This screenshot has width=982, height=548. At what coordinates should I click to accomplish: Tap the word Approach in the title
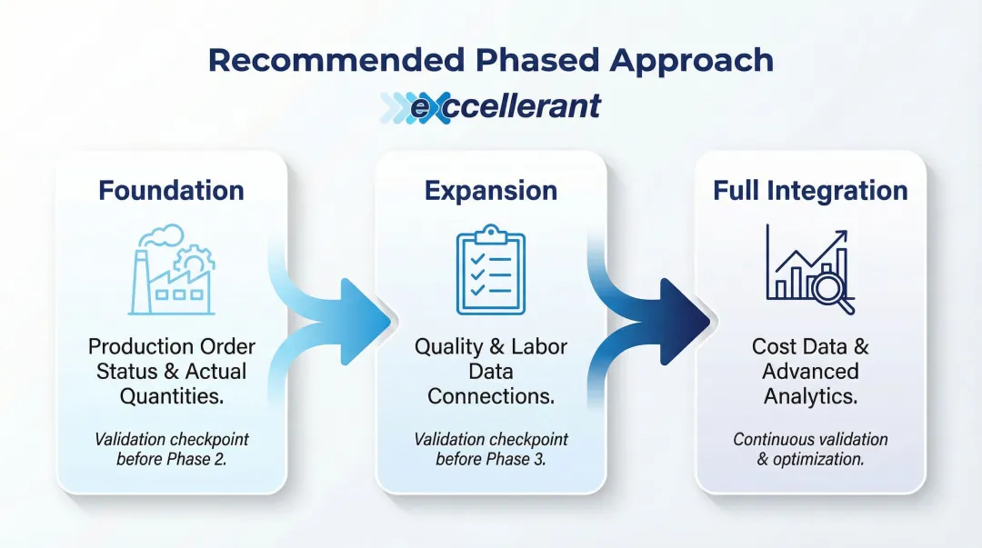tap(692, 60)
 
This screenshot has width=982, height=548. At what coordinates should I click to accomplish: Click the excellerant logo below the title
tap(491, 106)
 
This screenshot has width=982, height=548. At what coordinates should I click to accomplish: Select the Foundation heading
tap(171, 191)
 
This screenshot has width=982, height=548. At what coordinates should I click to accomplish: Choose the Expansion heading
tap(490, 191)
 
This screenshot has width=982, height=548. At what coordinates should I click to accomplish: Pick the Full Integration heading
tap(810, 191)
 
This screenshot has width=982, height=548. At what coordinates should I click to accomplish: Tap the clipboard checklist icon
tap(490, 270)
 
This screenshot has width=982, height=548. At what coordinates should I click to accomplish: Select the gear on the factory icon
tap(195, 260)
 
